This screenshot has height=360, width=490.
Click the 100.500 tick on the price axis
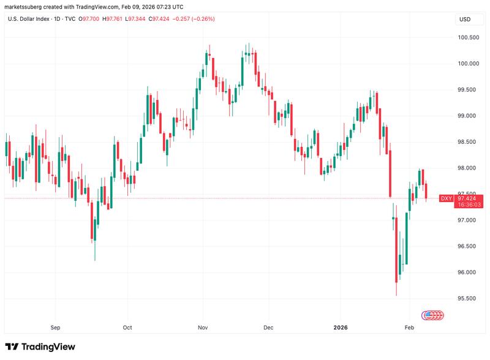click(x=468, y=37)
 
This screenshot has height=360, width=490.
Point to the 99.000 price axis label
click(x=468, y=116)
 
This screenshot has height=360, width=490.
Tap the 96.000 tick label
click(x=468, y=272)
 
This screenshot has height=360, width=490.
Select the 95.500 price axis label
click(x=468, y=299)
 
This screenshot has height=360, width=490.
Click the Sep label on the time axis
click(x=56, y=328)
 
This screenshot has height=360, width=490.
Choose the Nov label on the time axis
click(x=202, y=328)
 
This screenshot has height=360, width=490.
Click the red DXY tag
click(x=447, y=198)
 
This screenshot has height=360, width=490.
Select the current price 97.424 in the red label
click(x=467, y=198)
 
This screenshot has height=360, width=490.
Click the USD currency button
click(x=464, y=19)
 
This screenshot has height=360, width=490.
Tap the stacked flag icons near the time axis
click(x=432, y=315)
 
